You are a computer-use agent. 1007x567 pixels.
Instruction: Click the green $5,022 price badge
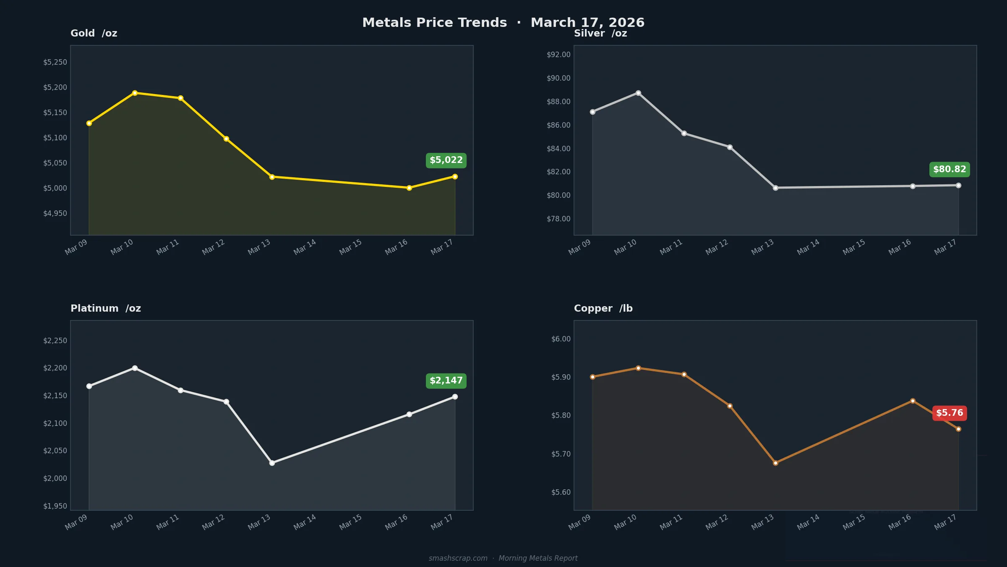pyautogui.click(x=446, y=160)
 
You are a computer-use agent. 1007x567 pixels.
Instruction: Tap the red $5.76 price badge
pyautogui.click(x=950, y=413)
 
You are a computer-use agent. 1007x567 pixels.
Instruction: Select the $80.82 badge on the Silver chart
pyautogui.click(x=950, y=170)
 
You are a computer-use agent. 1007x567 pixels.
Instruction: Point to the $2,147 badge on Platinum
pyautogui.click(x=446, y=381)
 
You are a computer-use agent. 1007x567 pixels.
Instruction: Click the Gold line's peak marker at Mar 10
pyautogui.click(x=135, y=93)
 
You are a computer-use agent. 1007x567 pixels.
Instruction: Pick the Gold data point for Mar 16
pyautogui.click(x=409, y=188)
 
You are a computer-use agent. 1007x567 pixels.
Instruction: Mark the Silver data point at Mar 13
pyautogui.click(x=775, y=188)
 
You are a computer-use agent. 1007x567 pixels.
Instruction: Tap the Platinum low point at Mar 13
pyautogui.click(x=272, y=463)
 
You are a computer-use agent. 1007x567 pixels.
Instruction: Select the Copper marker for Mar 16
pyautogui.click(x=913, y=401)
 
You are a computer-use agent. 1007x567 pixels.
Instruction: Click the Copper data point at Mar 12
pyautogui.click(x=730, y=406)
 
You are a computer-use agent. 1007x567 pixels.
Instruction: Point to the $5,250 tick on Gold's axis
pyautogui.click(x=55, y=63)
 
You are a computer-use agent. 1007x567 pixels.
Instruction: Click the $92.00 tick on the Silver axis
pyautogui.click(x=558, y=55)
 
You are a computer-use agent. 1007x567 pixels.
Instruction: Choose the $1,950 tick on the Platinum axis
pyautogui.click(x=55, y=506)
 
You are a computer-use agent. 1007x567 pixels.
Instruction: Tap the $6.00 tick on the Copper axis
pyautogui.click(x=561, y=339)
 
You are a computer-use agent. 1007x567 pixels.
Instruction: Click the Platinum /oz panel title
pyautogui.click(x=106, y=309)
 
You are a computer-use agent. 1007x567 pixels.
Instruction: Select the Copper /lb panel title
pyautogui.click(x=603, y=309)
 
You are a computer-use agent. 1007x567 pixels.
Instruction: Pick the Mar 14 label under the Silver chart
pyautogui.click(x=808, y=247)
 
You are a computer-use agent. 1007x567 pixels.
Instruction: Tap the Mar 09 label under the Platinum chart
pyautogui.click(x=76, y=522)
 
